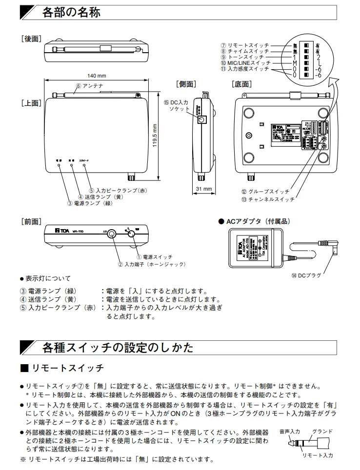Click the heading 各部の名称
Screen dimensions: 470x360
[x=71, y=13]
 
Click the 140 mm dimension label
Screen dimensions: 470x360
[x=97, y=76]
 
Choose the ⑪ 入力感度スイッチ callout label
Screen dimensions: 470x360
[x=244, y=69]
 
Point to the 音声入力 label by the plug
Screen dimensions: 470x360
[x=290, y=431]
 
